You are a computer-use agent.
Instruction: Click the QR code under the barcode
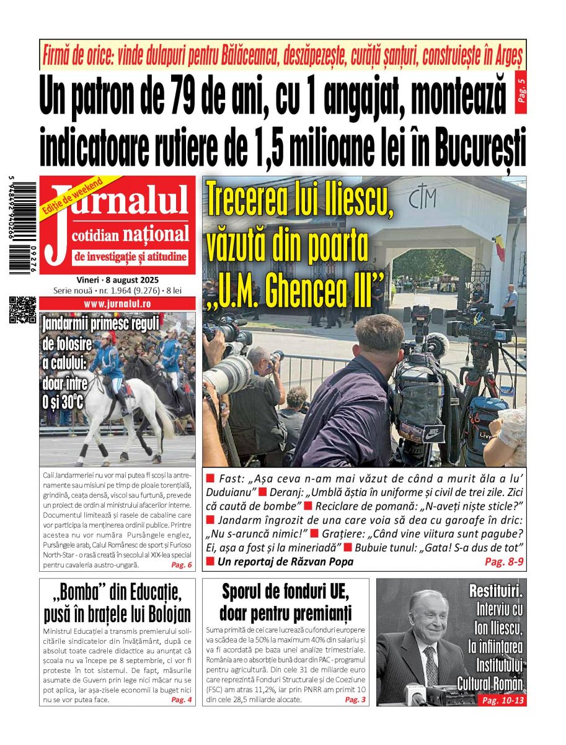pos(23,310)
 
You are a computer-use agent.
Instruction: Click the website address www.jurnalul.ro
pos(117,304)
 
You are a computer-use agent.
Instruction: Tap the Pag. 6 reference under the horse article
pos(182,565)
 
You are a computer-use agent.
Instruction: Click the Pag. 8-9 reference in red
pos(504,561)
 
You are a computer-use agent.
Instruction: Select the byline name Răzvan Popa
pos(325,562)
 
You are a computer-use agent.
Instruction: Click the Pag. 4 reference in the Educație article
pos(182,700)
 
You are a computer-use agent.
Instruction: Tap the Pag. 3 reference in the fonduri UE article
pos(355,700)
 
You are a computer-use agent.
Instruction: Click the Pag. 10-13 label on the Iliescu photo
pos(500,700)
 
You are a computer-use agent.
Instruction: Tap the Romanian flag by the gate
pos(499,248)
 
